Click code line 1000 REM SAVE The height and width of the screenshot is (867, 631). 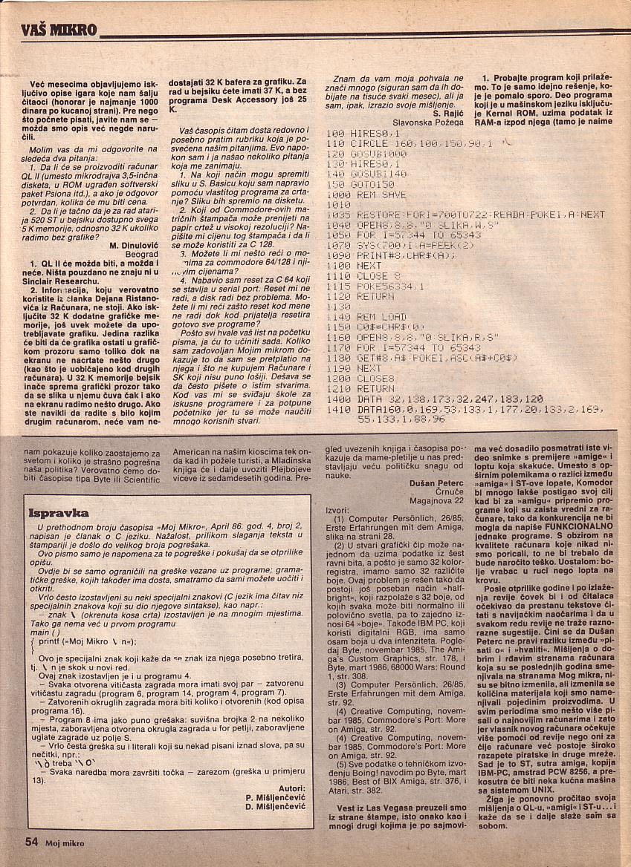tap(369, 194)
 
